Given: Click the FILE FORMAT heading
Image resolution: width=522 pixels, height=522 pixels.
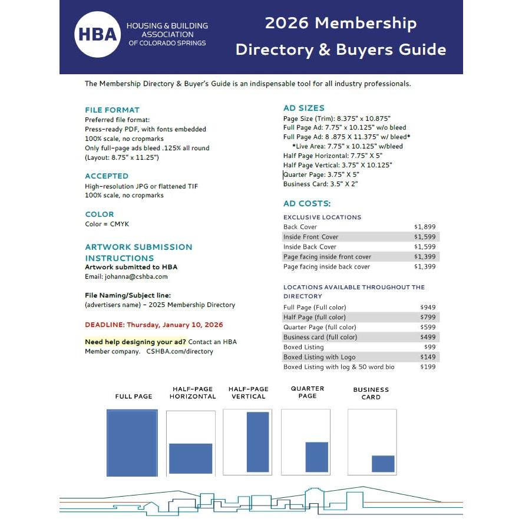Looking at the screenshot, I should (x=112, y=110).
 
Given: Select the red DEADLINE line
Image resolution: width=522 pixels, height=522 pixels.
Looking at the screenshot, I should (x=154, y=325).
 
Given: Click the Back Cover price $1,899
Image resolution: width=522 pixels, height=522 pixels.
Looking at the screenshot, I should (x=425, y=227).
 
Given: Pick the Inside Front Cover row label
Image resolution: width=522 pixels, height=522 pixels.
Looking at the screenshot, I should (x=310, y=237).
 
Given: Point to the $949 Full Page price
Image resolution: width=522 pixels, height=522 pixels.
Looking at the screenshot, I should (x=428, y=308).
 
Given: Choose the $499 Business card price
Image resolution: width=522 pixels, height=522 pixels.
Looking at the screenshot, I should (x=428, y=337).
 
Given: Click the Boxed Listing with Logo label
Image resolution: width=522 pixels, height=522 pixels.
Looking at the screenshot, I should (x=319, y=357).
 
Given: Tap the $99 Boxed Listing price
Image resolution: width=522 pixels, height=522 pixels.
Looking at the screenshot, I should (x=430, y=347).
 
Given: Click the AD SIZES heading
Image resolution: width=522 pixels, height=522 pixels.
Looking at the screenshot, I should (x=303, y=108).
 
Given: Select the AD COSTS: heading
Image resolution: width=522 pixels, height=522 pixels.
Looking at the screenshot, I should (x=307, y=204).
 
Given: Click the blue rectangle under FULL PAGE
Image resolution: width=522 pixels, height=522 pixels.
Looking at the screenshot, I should (x=132, y=443).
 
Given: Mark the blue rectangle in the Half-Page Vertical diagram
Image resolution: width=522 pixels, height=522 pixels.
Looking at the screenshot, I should (x=249, y=442).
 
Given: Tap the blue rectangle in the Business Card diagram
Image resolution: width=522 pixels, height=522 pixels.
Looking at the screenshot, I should (x=383, y=464).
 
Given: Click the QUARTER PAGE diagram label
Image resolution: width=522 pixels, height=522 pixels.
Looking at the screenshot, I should (x=308, y=392).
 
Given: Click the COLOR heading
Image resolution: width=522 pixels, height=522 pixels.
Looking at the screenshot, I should (x=100, y=214).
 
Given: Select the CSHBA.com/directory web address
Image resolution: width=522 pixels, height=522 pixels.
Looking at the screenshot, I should (x=180, y=351).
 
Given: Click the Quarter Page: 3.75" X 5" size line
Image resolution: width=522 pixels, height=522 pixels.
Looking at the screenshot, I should (x=321, y=175).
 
